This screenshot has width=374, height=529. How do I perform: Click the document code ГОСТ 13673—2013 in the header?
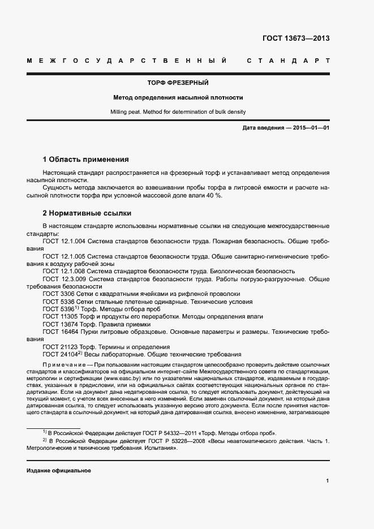pos(296,38)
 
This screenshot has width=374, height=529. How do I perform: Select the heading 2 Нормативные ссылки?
pos(87,213)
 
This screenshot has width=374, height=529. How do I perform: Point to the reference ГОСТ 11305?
pos(59,317)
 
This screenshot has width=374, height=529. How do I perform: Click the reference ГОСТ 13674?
pos(59,324)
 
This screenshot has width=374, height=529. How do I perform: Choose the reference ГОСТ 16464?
pos(59,332)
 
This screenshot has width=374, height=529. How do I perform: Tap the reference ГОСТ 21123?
pos(59,347)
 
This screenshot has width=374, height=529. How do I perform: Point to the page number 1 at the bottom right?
pos(328,481)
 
